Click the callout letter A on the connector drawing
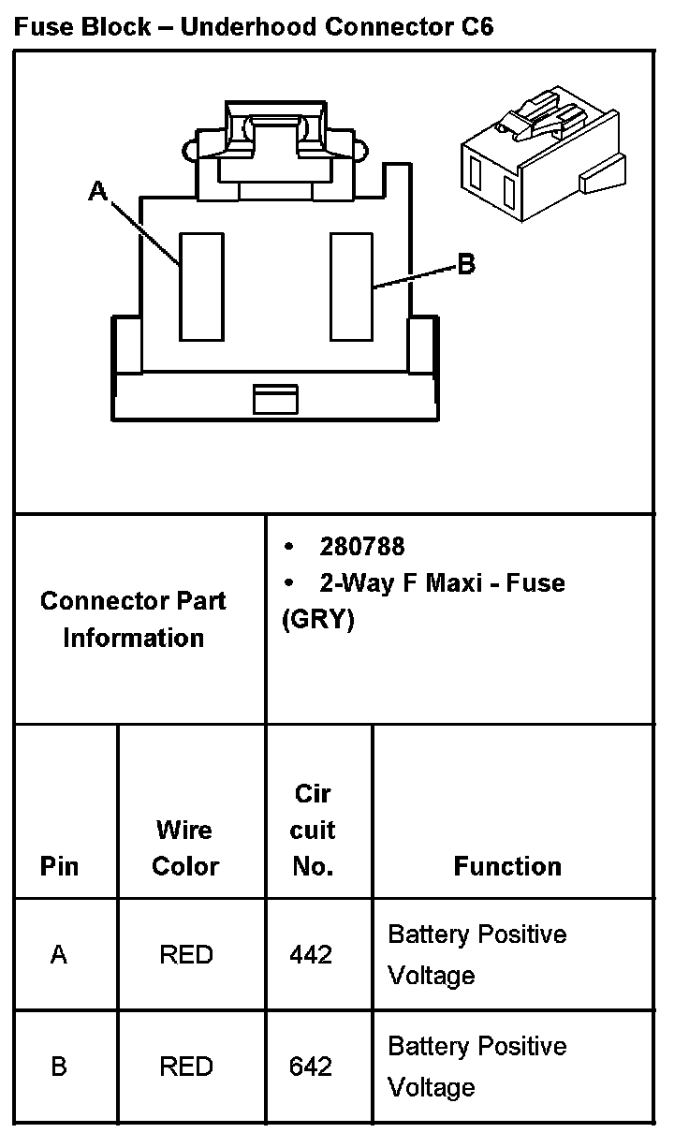coord(97,191)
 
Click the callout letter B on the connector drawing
coord(465,265)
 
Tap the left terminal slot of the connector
coord(201,287)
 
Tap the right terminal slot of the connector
coord(352,287)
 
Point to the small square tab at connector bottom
coord(275,399)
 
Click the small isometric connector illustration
coord(541,154)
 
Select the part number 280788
coord(362,547)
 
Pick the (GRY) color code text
coord(318,620)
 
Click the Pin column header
coord(59,866)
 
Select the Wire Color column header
coord(185,848)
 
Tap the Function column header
coord(507,866)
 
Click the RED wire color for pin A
coord(186,954)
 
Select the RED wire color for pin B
coord(186,1067)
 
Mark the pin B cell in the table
coord(59,1067)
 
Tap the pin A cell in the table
coord(59,954)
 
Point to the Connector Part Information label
coord(133,619)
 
